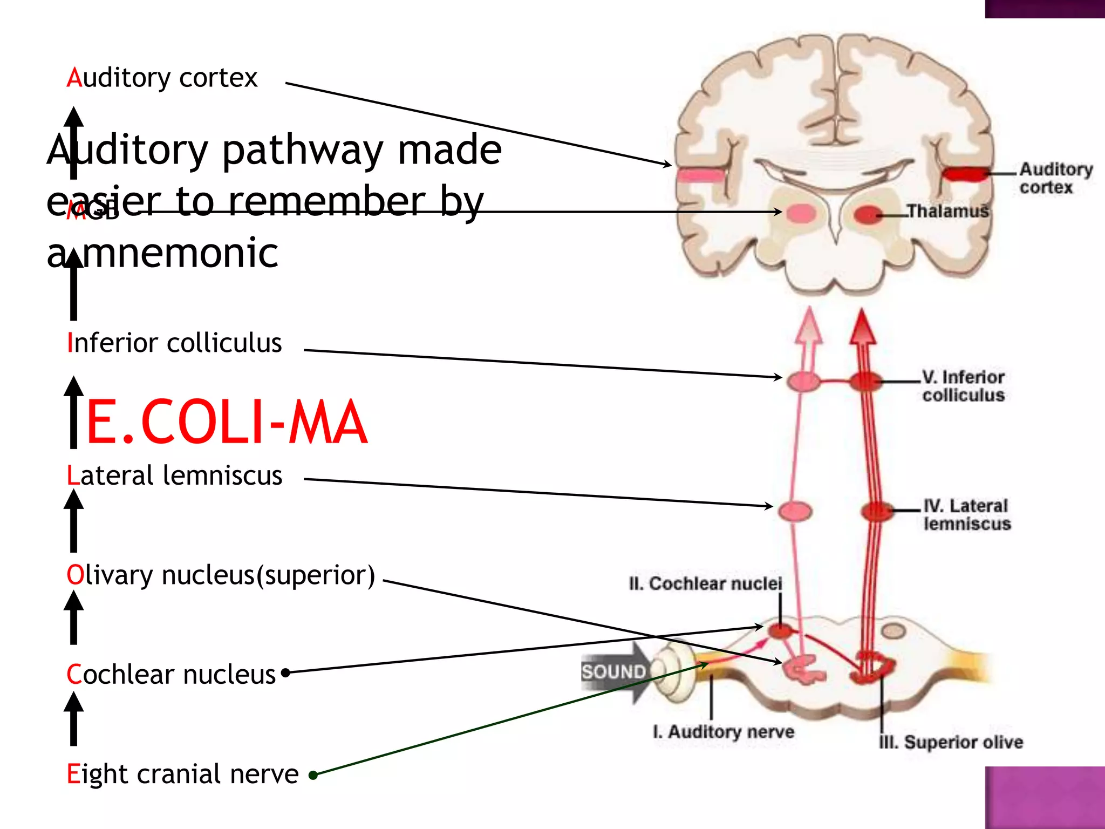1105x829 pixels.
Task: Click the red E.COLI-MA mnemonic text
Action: click(x=227, y=422)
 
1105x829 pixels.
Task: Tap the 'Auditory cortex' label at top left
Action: click(x=162, y=78)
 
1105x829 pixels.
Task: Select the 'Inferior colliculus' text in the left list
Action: click(x=174, y=343)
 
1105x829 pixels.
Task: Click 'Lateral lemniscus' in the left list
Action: click(x=174, y=475)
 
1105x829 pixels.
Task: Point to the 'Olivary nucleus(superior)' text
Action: click(x=220, y=575)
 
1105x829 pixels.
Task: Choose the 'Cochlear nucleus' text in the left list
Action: click(x=171, y=674)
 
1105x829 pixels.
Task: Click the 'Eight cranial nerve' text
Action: click(x=182, y=773)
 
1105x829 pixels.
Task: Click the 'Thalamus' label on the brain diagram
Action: click(x=947, y=211)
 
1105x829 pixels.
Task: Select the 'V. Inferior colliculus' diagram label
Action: click(x=963, y=385)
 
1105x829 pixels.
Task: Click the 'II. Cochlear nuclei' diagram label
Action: click(x=705, y=583)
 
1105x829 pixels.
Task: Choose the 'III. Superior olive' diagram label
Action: click(x=951, y=742)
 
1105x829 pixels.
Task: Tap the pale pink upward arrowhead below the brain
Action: click(x=809, y=326)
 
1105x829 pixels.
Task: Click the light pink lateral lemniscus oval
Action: click(x=795, y=511)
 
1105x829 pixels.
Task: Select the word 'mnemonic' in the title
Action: click(x=180, y=253)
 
